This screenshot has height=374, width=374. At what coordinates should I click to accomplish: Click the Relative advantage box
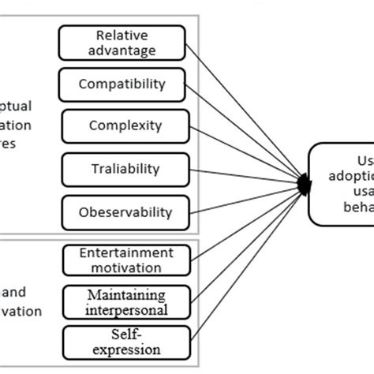122,43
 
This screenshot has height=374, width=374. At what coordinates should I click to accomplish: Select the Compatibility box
122,84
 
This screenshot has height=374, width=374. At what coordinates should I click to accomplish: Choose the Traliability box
125,169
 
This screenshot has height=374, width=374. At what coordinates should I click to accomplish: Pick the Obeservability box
125,212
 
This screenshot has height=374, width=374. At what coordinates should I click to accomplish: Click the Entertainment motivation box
125,260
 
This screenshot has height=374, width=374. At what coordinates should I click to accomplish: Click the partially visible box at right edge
341,183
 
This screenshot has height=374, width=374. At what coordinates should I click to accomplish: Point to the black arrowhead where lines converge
303,185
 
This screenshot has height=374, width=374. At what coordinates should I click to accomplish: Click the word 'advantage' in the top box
123,50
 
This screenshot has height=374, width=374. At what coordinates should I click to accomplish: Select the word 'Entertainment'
125,252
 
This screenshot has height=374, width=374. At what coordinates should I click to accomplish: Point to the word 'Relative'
122,35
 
